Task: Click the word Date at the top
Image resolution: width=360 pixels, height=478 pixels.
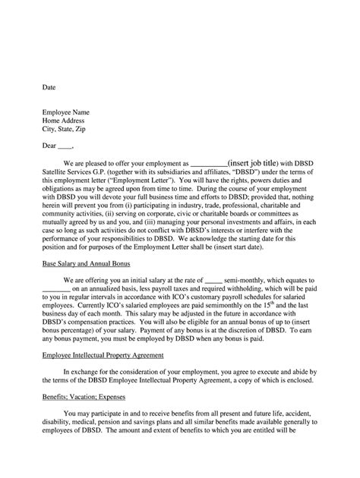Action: tap(49, 88)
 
